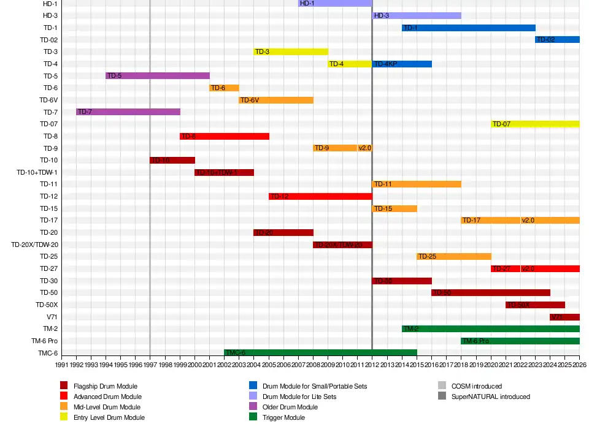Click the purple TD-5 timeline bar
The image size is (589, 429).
point(158,76)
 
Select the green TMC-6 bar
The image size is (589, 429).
point(320,352)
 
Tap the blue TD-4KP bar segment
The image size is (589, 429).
point(402,64)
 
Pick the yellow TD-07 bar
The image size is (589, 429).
point(535,124)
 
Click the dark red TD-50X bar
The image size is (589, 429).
point(535,305)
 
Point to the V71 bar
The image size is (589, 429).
point(564,317)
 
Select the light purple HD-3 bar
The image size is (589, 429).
point(417,15)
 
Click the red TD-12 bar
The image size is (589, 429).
point(320,196)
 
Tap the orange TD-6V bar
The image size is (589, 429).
point(276,100)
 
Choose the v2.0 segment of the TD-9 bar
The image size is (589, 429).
point(365,148)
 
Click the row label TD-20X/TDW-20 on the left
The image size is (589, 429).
point(34,245)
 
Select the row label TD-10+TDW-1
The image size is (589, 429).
point(37,172)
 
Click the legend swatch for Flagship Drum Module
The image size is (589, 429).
point(64,386)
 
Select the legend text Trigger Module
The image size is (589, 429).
point(283,417)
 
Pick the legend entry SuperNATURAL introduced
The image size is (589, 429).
point(491,397)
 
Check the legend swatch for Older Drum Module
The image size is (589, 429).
point(253,407)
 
